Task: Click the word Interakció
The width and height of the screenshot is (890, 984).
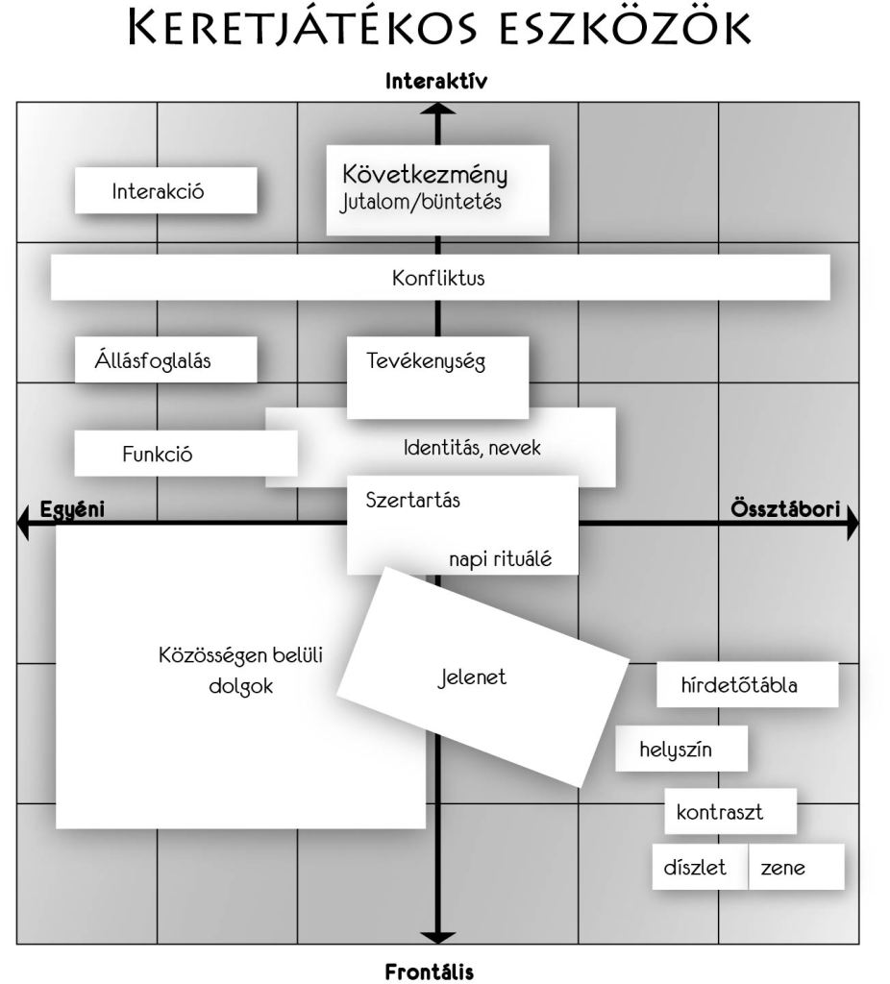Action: tap(158, 191)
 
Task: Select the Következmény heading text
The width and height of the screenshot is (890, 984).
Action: tap(424, 175)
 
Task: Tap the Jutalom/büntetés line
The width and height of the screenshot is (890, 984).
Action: tap(421, 203)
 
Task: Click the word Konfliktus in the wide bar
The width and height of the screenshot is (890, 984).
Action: tap(438, 280)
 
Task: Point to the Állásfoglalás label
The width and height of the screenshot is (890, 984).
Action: tap(153, 361)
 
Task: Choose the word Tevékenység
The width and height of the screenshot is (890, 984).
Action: tap(426, 361)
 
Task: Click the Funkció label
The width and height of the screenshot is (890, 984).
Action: tap(157, 455)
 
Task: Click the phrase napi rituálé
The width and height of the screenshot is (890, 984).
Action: tap(500, 559)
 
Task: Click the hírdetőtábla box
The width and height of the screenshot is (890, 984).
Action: tap(746, 685)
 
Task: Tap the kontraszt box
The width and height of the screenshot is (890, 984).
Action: tap(729, 812)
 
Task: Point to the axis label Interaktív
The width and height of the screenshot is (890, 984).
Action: tap(436, 82)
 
